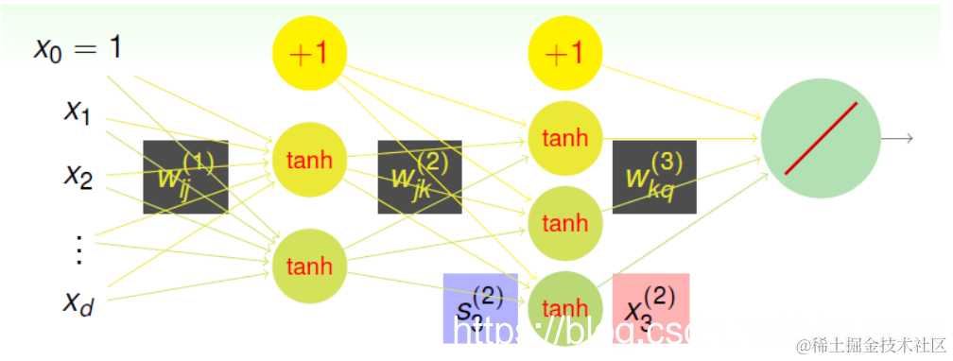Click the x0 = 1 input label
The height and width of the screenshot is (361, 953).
coord(78,48)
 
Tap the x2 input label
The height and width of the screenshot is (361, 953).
coord(78,174)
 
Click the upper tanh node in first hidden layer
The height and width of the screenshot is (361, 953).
coord(309,160)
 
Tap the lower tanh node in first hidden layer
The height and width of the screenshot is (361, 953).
coord(309,266)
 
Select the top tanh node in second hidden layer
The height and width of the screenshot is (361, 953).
coord(565,138)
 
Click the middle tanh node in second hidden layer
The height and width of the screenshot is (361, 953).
coord(565,223)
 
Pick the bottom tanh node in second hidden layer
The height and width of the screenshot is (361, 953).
coord(565,307)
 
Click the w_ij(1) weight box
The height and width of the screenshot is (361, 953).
coord(185,177)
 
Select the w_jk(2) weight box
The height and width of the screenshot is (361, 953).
coord(420,177)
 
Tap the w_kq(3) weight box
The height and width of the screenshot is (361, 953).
coord(654,177)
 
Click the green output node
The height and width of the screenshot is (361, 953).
coord(821,138)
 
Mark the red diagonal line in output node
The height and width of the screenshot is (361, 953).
coord(821,138)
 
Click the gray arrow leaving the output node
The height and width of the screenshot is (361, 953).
coord(898,139)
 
